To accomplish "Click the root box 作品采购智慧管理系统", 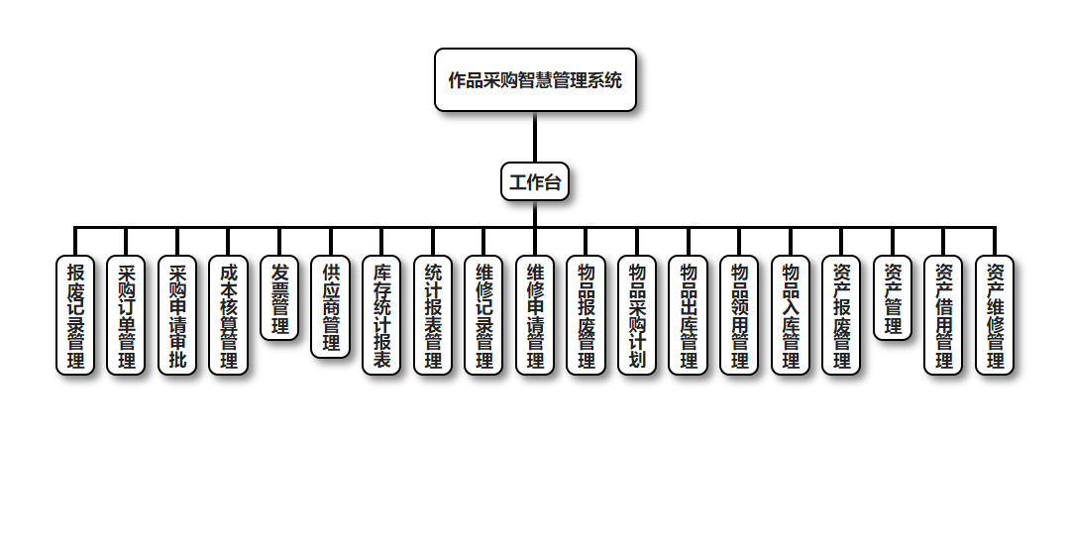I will (x=535, y=79).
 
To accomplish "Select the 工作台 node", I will (x=535, y=181).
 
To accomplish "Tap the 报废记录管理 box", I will (x=75, y=315).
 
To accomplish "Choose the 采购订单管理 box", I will (x=126, y=315).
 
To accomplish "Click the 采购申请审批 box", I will (x=177, y=315).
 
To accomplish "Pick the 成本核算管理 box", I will (x=228, y=315).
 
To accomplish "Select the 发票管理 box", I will (x=279, y=298).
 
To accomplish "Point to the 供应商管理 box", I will (x=331, y=306).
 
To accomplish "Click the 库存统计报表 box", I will (x=381, y=315).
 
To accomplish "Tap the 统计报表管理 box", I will (x=433, y=315).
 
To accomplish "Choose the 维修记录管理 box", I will (x=483, y=315).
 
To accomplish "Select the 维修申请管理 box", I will (x=535, y=315).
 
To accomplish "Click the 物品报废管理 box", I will (x=586, y=315).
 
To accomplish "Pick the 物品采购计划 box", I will (x=637, y=315).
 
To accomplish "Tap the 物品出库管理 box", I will (x=688, y=315).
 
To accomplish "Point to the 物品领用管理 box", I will (x=739, y=315).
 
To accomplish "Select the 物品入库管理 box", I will (x=791, y=315).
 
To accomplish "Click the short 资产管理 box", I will (x=893, y=298).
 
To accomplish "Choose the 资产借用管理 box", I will (x=943, y=315).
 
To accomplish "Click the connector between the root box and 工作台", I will (x=535, y=137).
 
